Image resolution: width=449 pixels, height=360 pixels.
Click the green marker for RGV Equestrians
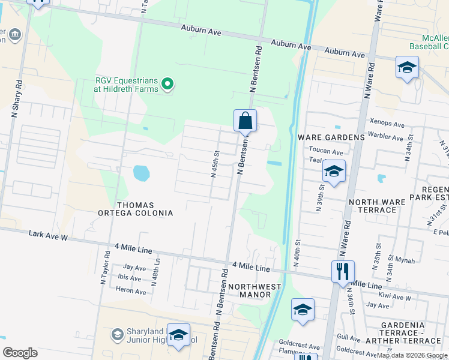(x=169, y=85)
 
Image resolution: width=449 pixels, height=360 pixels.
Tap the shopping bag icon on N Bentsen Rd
(x=245, y=121)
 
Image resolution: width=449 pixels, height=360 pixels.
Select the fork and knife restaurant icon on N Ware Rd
(x=343, y=271)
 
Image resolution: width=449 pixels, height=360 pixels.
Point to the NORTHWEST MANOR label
(x=255, y=292)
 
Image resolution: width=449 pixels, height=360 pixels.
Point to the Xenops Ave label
(x=387, y=123)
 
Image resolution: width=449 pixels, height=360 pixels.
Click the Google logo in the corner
(x=20, y=353)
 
